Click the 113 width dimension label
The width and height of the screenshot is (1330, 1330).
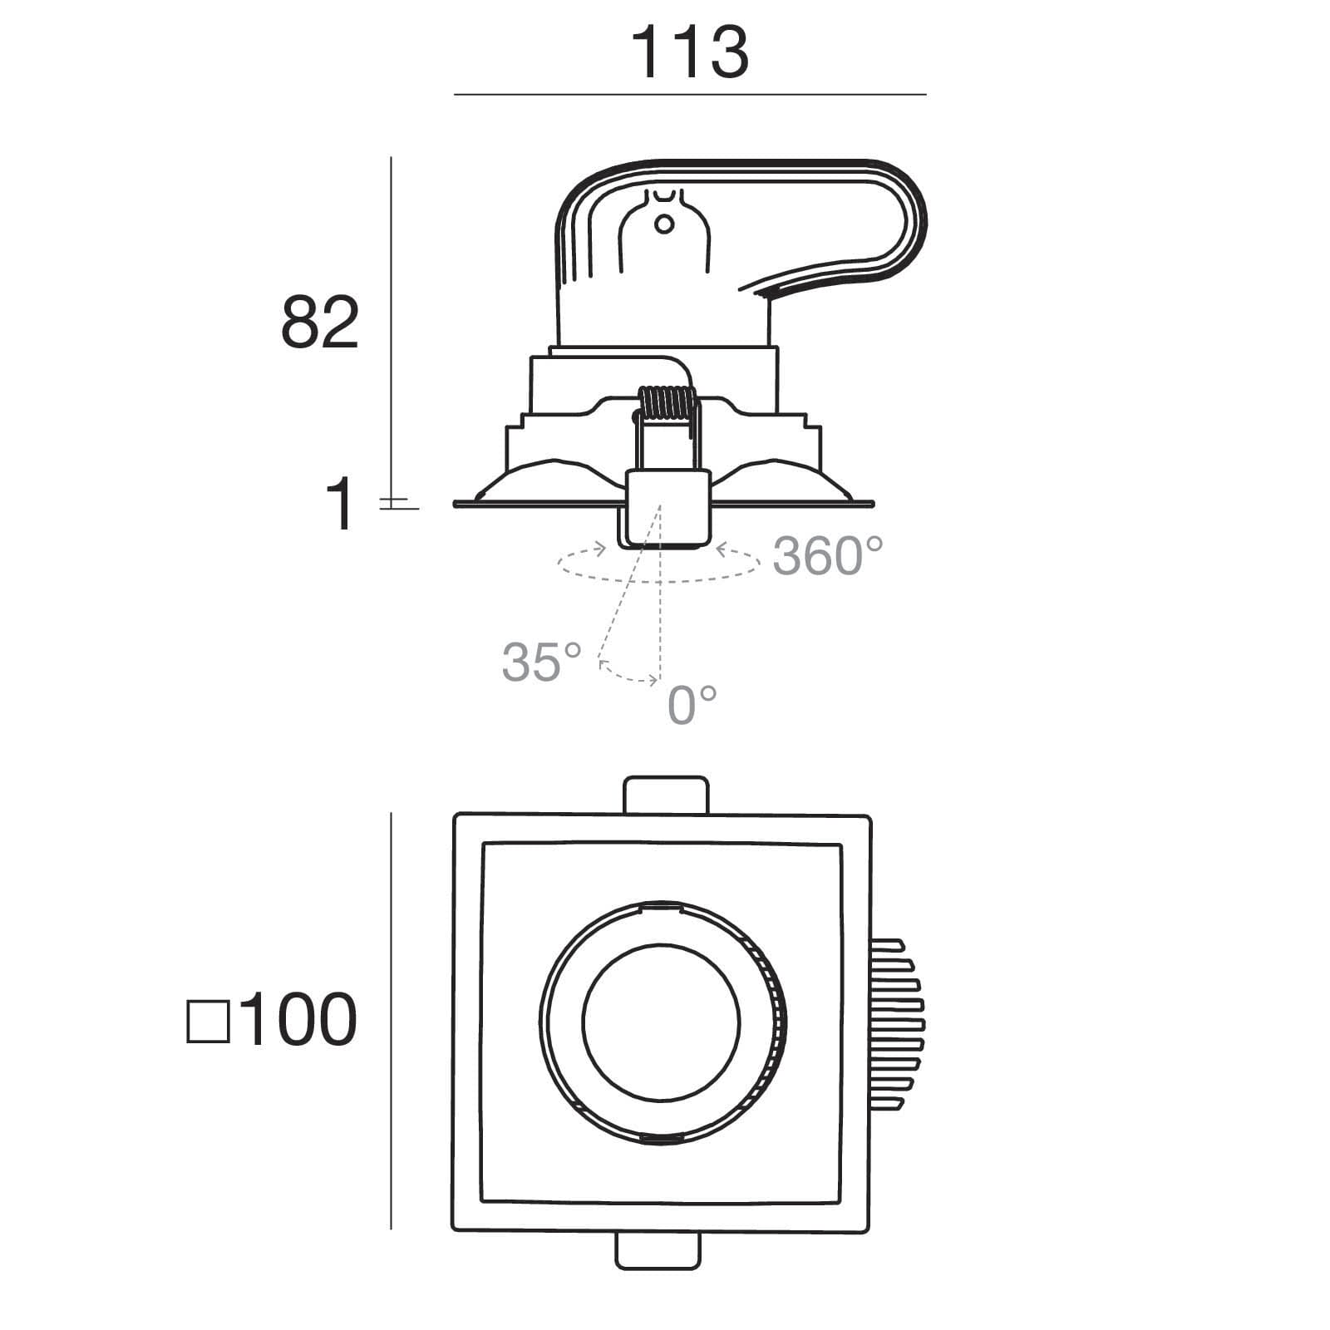click(690, 52)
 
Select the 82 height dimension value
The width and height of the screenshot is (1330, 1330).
click(320, 322)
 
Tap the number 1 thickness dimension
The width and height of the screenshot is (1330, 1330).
click(340, 505)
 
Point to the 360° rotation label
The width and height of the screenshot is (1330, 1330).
click(827, 556)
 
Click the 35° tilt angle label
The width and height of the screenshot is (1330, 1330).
click(541, 662)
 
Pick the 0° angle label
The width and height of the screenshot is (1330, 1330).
click(692, 704)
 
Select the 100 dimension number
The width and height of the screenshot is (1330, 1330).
click(298, 1020)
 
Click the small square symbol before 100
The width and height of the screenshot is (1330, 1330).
click(208, 1022)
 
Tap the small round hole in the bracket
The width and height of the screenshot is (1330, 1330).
click(664, 224)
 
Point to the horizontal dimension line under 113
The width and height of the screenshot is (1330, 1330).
click(690, 95)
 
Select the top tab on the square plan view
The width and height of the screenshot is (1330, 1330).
click(666, 795)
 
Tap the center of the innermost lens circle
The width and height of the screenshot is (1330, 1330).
click(661, 1022)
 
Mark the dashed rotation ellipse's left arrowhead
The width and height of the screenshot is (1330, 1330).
click(600, 549)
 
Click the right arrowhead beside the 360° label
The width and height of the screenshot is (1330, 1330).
click(722, 549)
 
